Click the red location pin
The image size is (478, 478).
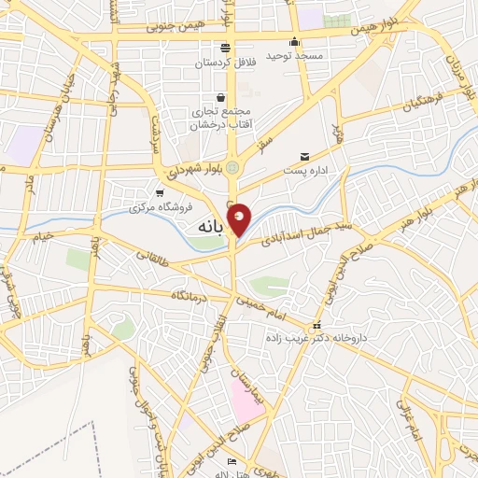240,218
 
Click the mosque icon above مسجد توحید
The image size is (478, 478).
295,41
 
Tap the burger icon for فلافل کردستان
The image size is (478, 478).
224,48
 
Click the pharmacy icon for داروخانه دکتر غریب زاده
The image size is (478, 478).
317,327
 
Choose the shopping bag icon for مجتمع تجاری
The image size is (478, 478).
220,97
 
